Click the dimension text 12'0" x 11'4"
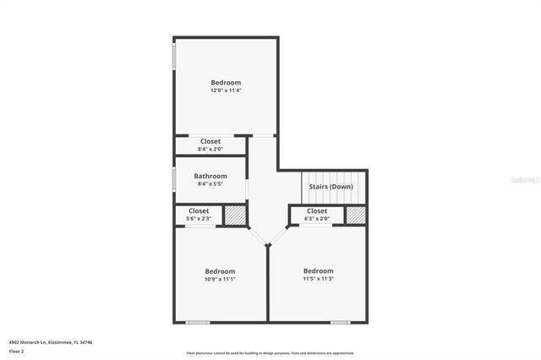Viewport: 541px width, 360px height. [226, 90]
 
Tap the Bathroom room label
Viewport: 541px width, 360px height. [210, 176]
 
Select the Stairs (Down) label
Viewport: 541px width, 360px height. [331, 186]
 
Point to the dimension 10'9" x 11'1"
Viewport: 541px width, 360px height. [219, 279]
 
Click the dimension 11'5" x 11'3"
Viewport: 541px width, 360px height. [319, 279]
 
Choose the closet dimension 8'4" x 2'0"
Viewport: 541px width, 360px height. [210, 150]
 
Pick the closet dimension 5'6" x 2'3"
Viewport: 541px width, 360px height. [199, 219]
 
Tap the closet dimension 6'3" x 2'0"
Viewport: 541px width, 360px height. [317, 219]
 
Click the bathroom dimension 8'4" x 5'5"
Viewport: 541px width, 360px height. [210, 184]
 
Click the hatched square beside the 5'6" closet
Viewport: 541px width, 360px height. [235, 215]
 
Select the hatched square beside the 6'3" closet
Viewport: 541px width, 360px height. [356, 215]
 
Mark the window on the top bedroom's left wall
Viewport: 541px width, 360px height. [174, 57]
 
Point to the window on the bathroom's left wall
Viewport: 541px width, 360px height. [174, 179]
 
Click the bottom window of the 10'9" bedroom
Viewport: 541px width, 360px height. [198, 322]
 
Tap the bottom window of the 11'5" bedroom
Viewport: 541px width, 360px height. [340, 322]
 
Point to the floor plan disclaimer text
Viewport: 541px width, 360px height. [270, 352]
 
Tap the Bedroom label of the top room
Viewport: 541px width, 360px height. [226, 82]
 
